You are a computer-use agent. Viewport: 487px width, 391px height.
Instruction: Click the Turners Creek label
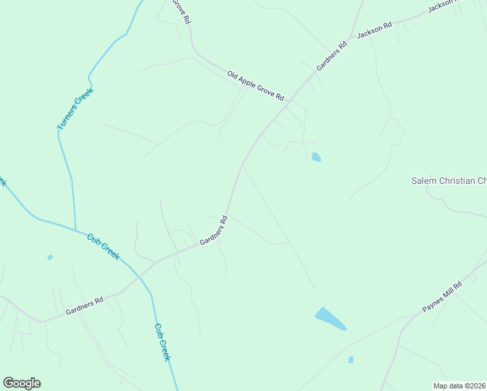click(x=76, y=109)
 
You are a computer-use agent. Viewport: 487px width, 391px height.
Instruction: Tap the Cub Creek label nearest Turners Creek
click(x=104, y=246)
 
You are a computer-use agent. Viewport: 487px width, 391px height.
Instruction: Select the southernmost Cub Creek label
click(x=163, y=342)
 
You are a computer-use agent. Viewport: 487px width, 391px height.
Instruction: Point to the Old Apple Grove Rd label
click(x=256, y=85)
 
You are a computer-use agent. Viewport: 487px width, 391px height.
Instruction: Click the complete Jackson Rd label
click(x=374, y=31)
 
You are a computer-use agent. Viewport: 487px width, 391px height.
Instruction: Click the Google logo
click(x=21, y=383)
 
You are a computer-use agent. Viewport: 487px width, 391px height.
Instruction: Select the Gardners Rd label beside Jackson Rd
click(x=332, y=57)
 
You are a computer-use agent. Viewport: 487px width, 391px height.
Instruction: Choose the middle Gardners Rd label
click(x=214, y=231)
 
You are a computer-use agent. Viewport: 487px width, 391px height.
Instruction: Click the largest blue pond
click(x=330, y=319)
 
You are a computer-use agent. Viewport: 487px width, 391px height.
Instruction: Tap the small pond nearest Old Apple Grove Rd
click(x=316, y=157)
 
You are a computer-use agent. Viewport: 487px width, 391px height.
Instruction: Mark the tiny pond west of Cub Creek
click(x=50, y=257)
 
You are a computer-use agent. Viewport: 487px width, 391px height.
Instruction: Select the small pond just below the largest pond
click(x=351, y=359)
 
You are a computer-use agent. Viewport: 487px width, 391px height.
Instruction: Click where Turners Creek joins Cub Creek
click(x=75, y=230)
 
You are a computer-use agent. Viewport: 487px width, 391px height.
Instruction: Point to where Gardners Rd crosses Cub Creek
click(x=139, y=276)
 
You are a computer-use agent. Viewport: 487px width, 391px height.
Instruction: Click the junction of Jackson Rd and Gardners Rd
click(x=352, y=38)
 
